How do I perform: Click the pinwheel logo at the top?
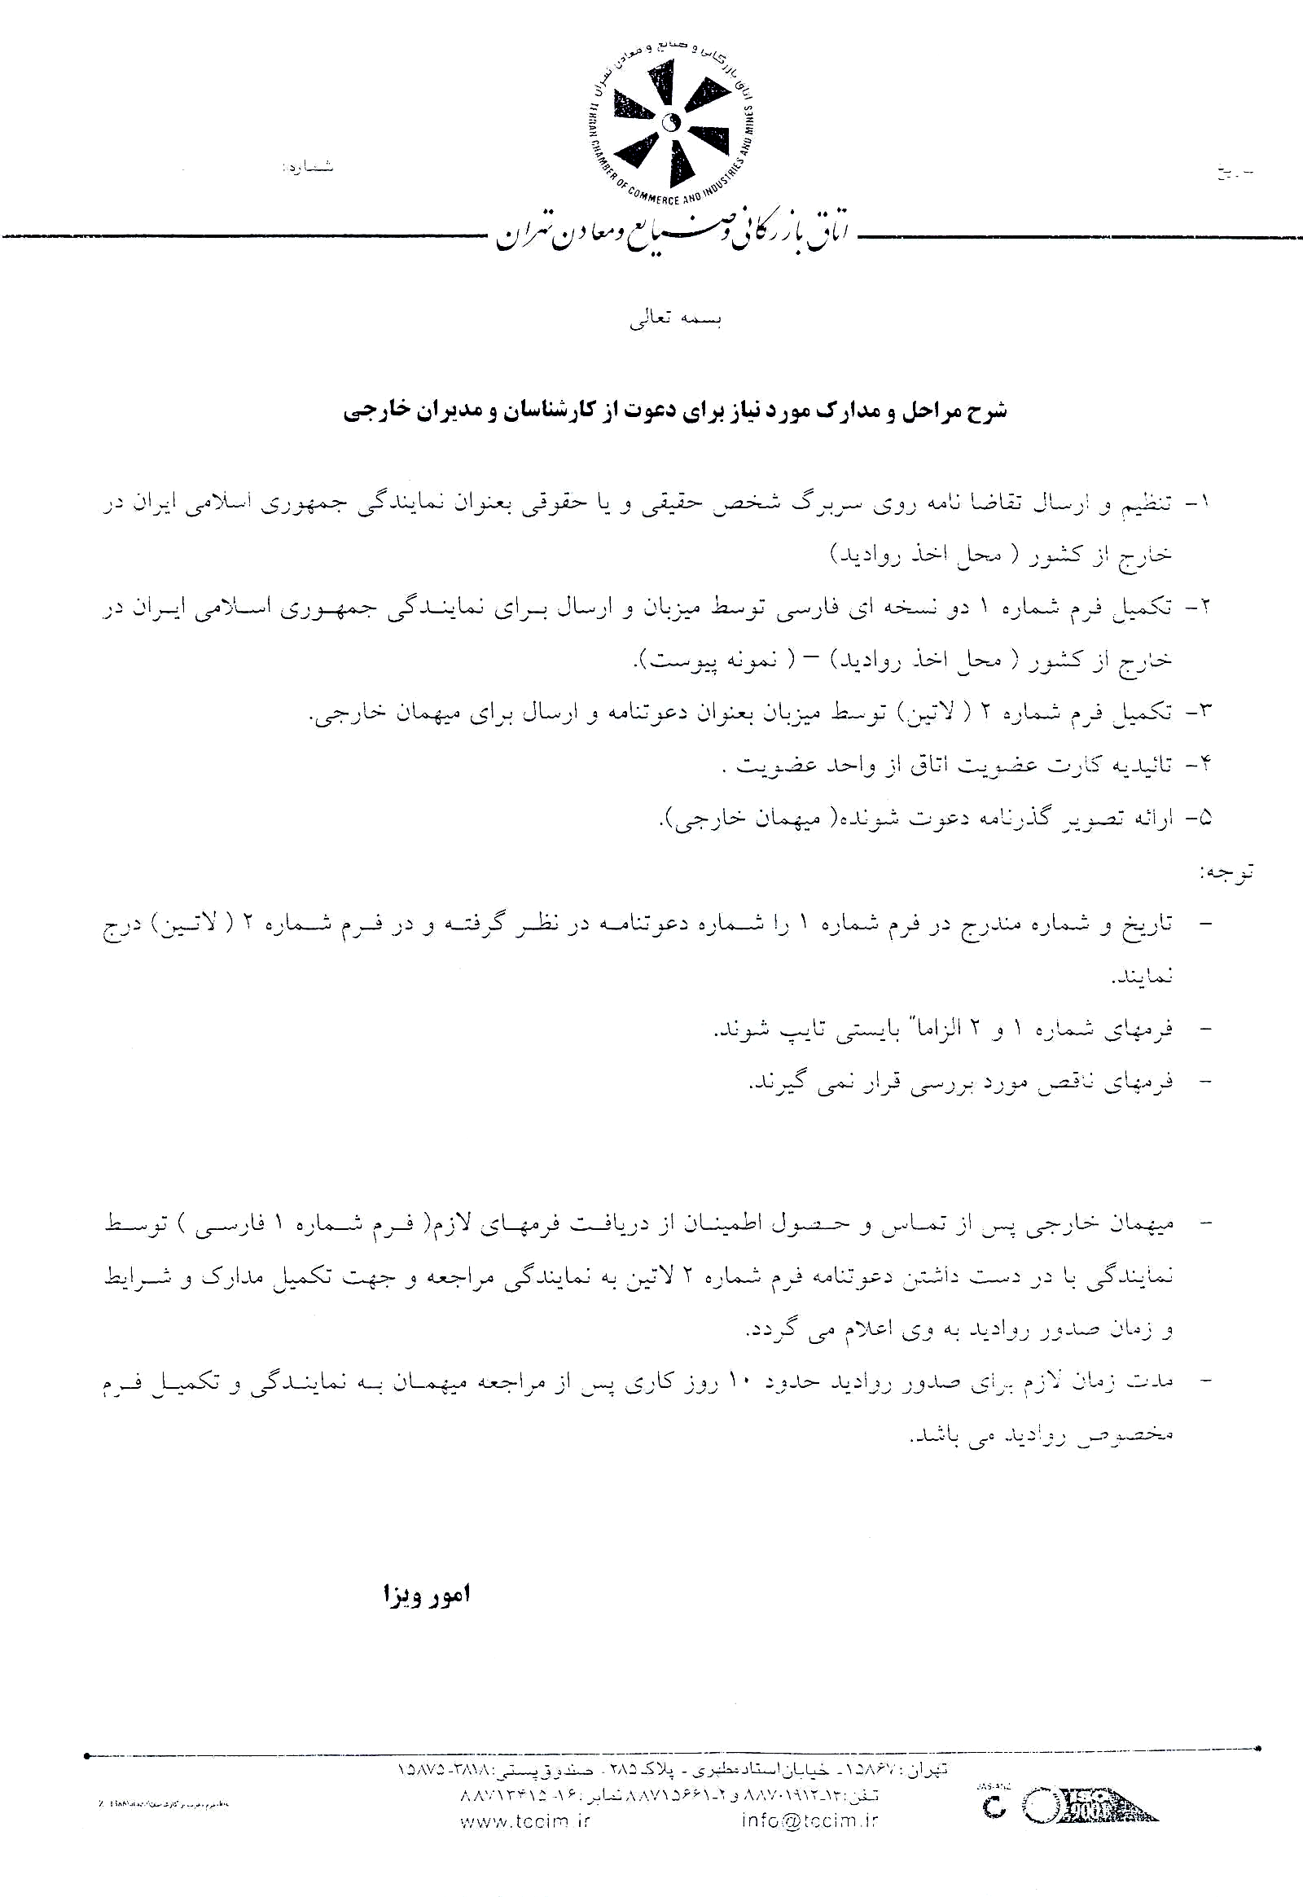pyautogui.click(x=670, y=122)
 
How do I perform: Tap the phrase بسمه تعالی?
pyautogui.click(x=675, y=319)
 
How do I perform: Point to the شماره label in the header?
pyautogui.click(x=308, y=167)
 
